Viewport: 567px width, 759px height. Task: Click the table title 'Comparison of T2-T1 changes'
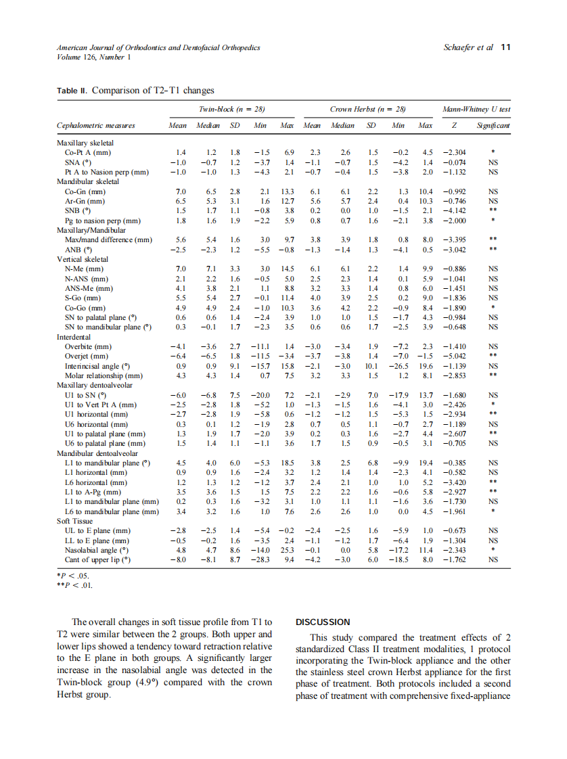pyautogui.click(x=153, y=91)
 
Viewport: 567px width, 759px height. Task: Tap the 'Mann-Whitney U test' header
pyautogui.click(x=476, y=108)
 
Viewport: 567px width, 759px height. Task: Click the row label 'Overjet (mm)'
pyautogui.click(x=86, y=356)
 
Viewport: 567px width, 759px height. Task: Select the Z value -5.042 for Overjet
pyautogui.click(x=453, y=356)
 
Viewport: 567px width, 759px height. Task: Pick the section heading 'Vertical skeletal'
pyautogui.click(x=83, y=259)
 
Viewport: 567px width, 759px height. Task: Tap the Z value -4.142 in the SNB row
pyautogui.click(x=453, y=211)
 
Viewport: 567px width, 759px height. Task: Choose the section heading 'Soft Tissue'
pyautogui.click(x=75, y=522)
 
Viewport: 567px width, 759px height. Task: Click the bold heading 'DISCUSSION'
pyautogui.click(x=323, y=622)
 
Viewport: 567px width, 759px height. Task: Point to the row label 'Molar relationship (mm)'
pyautogui.click(x=104, y=375)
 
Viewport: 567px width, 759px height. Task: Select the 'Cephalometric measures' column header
pyautogui.click(x=95, y=126)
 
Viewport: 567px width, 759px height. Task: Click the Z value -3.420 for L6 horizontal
pyautogui.click(x=453, y=483)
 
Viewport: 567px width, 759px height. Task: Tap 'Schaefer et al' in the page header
pyautogui.click(x=468, y=47)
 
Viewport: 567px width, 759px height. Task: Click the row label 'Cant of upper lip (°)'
pyautogui.click(x=97, y=560)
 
